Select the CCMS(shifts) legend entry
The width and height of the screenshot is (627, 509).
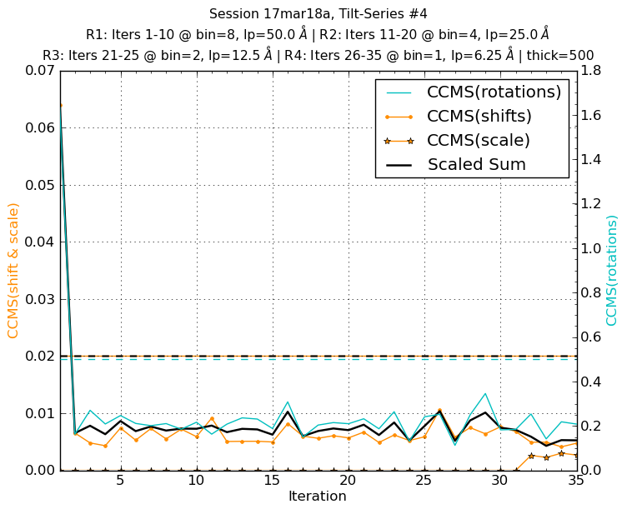(479, 117)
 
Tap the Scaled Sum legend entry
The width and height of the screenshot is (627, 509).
(476, 165)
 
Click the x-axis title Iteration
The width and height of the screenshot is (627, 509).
(318, 497)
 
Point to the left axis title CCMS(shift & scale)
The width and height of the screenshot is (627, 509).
(14, 271)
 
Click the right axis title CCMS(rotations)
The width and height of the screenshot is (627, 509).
(613, 271)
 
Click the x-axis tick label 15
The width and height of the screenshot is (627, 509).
(272, 481)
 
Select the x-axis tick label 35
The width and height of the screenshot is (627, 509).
(575, 481)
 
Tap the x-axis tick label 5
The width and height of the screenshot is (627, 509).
(121, 481)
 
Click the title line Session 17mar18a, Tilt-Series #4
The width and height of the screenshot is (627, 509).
(318, 14)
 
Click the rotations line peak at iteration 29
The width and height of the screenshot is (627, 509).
(485, 393)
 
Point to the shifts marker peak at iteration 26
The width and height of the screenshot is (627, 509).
(439, 410)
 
